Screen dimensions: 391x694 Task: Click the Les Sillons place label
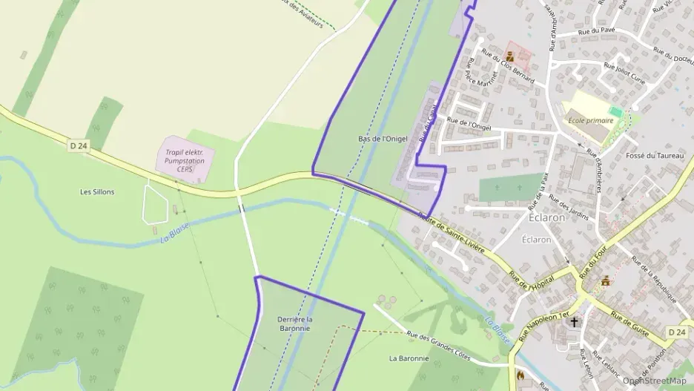click(97, 191)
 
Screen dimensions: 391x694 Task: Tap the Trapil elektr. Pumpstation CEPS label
click(185, 160)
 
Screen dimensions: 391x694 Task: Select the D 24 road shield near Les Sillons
click(79, 146)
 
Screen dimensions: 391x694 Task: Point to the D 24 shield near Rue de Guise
click(676, 332)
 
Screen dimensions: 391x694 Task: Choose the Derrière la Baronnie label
click(295, 323)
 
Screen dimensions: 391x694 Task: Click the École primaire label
click(590, 120)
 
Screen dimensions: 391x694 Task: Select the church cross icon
click(574, 323)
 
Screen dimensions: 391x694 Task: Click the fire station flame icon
click(520, 375)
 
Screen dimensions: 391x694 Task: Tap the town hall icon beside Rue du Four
click(607, 280)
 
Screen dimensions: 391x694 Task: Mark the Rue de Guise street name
click(629, 325)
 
